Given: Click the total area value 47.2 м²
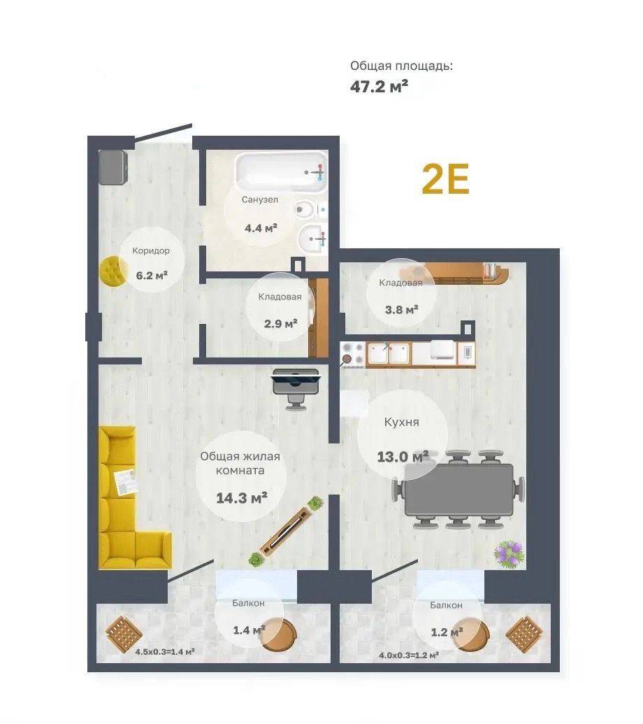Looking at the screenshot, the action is pos(379,86).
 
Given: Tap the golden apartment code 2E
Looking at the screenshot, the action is pos(446,179).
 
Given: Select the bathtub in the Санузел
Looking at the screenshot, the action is pos(281,173).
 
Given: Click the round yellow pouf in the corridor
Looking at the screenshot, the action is pos(113,272).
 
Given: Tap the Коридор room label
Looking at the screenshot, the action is pos(151,250).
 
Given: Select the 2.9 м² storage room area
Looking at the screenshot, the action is pos(280,323).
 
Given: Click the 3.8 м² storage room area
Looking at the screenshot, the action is pos(402,309).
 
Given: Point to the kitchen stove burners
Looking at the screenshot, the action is pos(352,354).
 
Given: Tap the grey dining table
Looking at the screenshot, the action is pos(459,490).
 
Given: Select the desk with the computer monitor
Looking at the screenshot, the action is pos(295,381).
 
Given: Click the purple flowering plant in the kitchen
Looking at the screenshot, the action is pos(510,553).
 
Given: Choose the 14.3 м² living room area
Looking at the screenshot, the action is pos(242,498).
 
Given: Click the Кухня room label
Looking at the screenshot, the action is pos(402,422).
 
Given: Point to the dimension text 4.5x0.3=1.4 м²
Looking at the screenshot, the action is pos(165,651).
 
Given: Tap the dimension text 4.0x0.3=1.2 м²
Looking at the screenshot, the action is pos(409,655).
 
